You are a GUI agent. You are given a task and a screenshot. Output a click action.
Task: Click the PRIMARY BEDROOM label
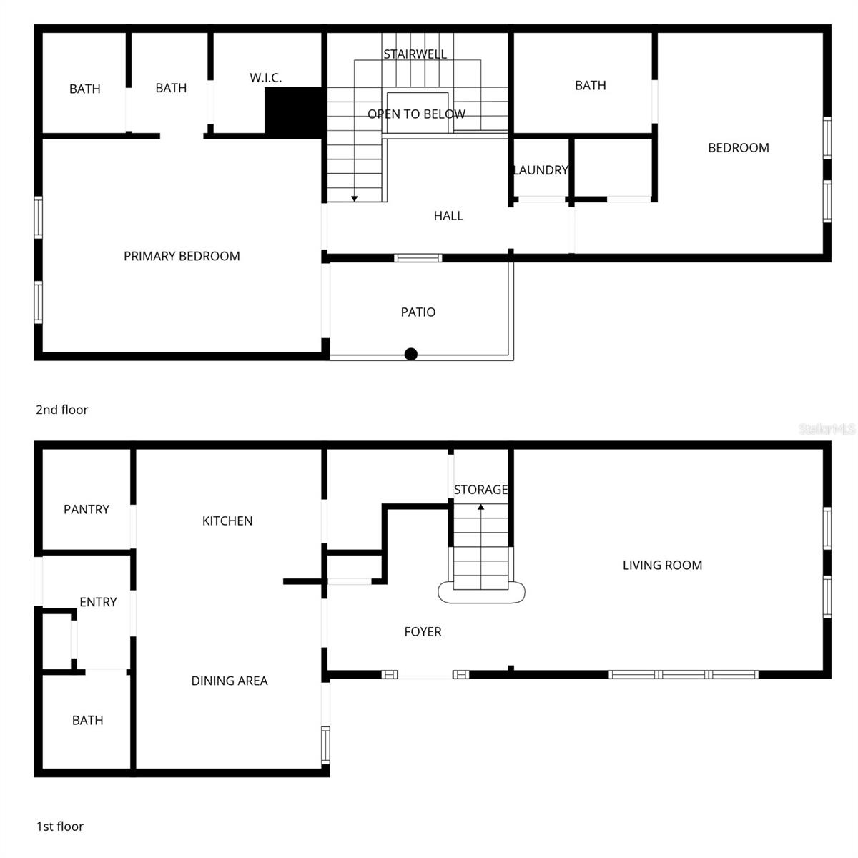[182, 256]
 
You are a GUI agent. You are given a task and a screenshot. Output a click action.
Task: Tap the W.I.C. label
[265, 77]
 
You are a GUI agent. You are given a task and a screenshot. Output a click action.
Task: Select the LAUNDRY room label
[541, 170]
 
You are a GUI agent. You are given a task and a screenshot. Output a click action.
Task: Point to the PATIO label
[418, 312]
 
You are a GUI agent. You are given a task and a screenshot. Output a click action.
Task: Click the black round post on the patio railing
[410, 354]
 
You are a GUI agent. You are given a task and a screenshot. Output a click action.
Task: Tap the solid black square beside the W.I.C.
[294, 111]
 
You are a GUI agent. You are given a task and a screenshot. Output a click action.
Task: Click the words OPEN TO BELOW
[416, 114]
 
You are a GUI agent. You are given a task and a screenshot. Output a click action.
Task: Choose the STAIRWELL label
[415, 54]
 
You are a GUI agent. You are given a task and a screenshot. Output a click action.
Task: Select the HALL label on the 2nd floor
[448, 215]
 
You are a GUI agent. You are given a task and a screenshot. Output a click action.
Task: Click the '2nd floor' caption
[62, 410]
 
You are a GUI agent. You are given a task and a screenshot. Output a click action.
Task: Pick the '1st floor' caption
[60, 826]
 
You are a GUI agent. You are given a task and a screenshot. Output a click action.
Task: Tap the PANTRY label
[87, 509]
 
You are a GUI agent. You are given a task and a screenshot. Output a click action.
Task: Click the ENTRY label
[98, 602]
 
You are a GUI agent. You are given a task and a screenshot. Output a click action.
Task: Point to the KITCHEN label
[227, 521]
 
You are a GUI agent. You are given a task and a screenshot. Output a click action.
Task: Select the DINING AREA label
[230, 681]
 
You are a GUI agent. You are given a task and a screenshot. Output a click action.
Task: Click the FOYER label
[423, 631]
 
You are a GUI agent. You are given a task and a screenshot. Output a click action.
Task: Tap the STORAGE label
[480, 490]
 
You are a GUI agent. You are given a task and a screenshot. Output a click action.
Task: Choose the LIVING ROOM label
[662, 565]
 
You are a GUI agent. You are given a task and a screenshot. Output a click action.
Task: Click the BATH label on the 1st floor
[87, 720]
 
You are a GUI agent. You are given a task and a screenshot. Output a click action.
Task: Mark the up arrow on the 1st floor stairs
[481, 507]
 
